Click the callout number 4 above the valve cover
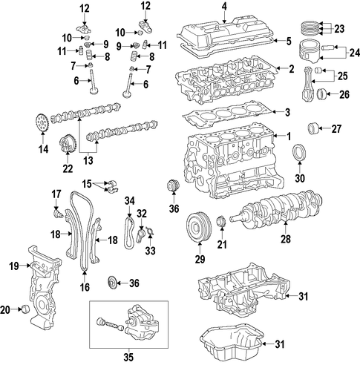tap(224, 7)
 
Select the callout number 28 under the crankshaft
tap(286, 240)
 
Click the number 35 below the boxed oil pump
tap(128, 358)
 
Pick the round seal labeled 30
tap(299, 153)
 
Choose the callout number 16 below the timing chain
tap(85, 287)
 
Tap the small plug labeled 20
tap(25, 309)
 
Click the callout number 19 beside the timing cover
tap(14, 266)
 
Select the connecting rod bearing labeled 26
tap(322, 95)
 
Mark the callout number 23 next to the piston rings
tap(339, 29)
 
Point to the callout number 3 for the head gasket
tap(287, 112)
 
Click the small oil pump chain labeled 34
tap(129, 232)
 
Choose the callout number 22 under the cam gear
tap(68, 168)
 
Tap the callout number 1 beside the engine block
tap(289, 137)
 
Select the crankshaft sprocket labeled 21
tap(220, 221)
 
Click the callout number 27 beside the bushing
tap(336, 129)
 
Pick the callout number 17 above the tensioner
tap(56, 194)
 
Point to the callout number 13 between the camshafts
tap(88, 160)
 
